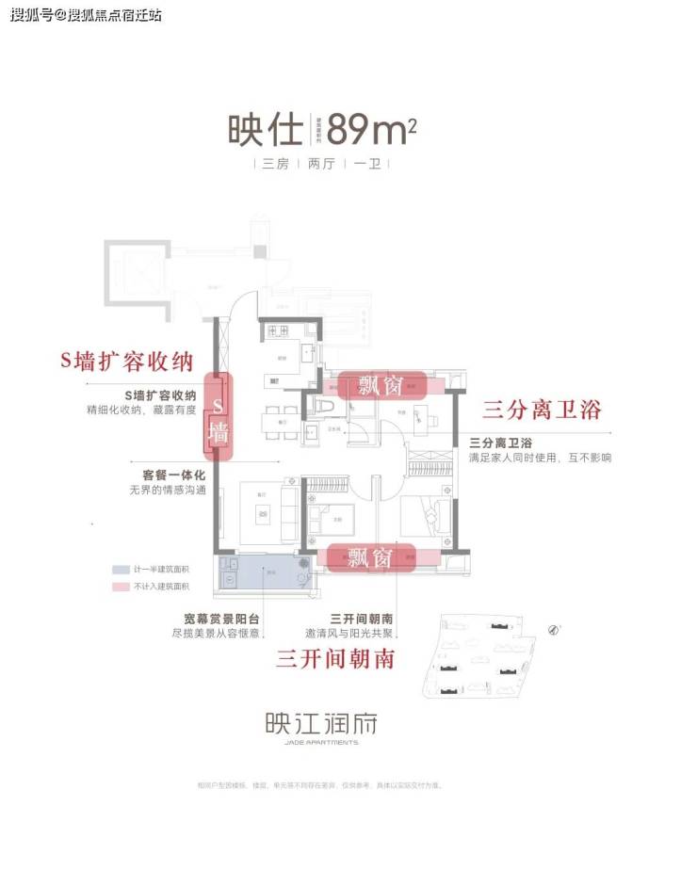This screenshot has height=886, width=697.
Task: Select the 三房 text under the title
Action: (275, 164)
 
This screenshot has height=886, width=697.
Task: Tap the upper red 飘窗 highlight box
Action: (382, 384)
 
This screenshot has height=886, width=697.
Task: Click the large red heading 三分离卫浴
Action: (541, 410)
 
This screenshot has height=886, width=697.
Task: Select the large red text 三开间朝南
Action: (335, 658)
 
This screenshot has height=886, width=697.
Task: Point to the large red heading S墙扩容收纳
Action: (132, 362)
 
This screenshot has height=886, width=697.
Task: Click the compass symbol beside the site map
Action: (552, 628)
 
